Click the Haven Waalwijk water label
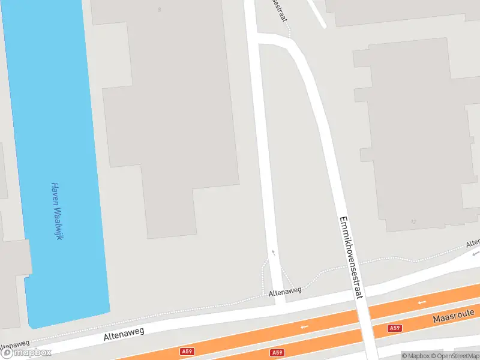pyautogui.click(x=57, y=211)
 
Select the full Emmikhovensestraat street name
pyautogui.click(x=351, y=257)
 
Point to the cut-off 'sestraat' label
pyautogui.click(x=278, y=10)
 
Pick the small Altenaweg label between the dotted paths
pyautogui.click(x=284, y=291)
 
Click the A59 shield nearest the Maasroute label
pyautogui.click(x=394, y=328)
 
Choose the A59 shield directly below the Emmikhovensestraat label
pyautogui.click(x=277, y=353)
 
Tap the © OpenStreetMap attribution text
pyautogui.click(x=455, y=356)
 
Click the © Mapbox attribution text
pyautogui.click(x=415, y=356)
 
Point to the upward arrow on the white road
pyautogui.click(x=274, y=253)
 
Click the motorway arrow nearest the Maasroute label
pyautogui.click(x=421, y=302)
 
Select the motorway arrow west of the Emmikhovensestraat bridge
pyautogui.click(x=304, y=326)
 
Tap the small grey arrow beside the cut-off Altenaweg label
pyautogui.click(x=474, y=254)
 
